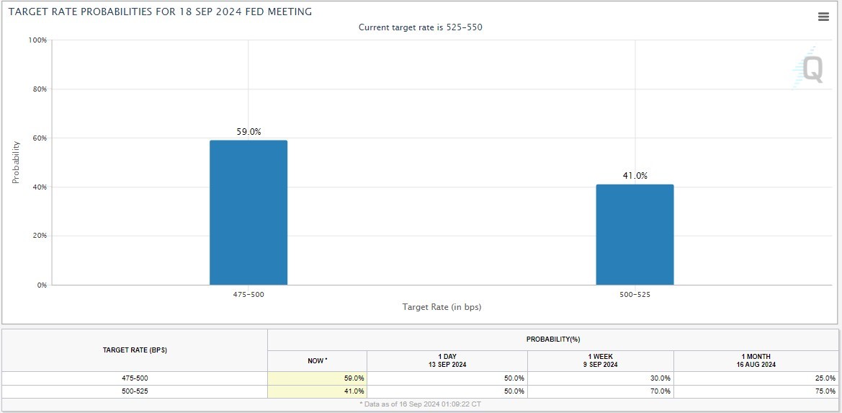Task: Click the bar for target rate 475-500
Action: click(x=248, y=213)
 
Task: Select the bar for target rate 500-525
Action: click(x=635, y=234)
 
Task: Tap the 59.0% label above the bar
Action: click(x=248, y=132)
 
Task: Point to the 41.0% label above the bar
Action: click(x=635, y=176)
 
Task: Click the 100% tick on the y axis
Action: click(x=37, y=40)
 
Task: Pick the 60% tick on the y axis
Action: click(x=40, y=138)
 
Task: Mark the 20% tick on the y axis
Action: click(x=40, y=236)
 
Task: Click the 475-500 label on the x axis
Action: click(x=248, y=295)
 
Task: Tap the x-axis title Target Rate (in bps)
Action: click(x=442, y=307)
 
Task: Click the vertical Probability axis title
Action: click(x=16, y=162)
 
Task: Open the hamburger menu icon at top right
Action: click(x=823, y=17)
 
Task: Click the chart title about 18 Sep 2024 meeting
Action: click(x=160, y=12)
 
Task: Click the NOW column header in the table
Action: click(x=317, y=360)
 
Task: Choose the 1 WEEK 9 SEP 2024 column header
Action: click(x=600, y=360)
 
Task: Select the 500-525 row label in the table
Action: click(x=135, y=391)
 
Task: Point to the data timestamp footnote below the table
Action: click(x=420, y=404)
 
